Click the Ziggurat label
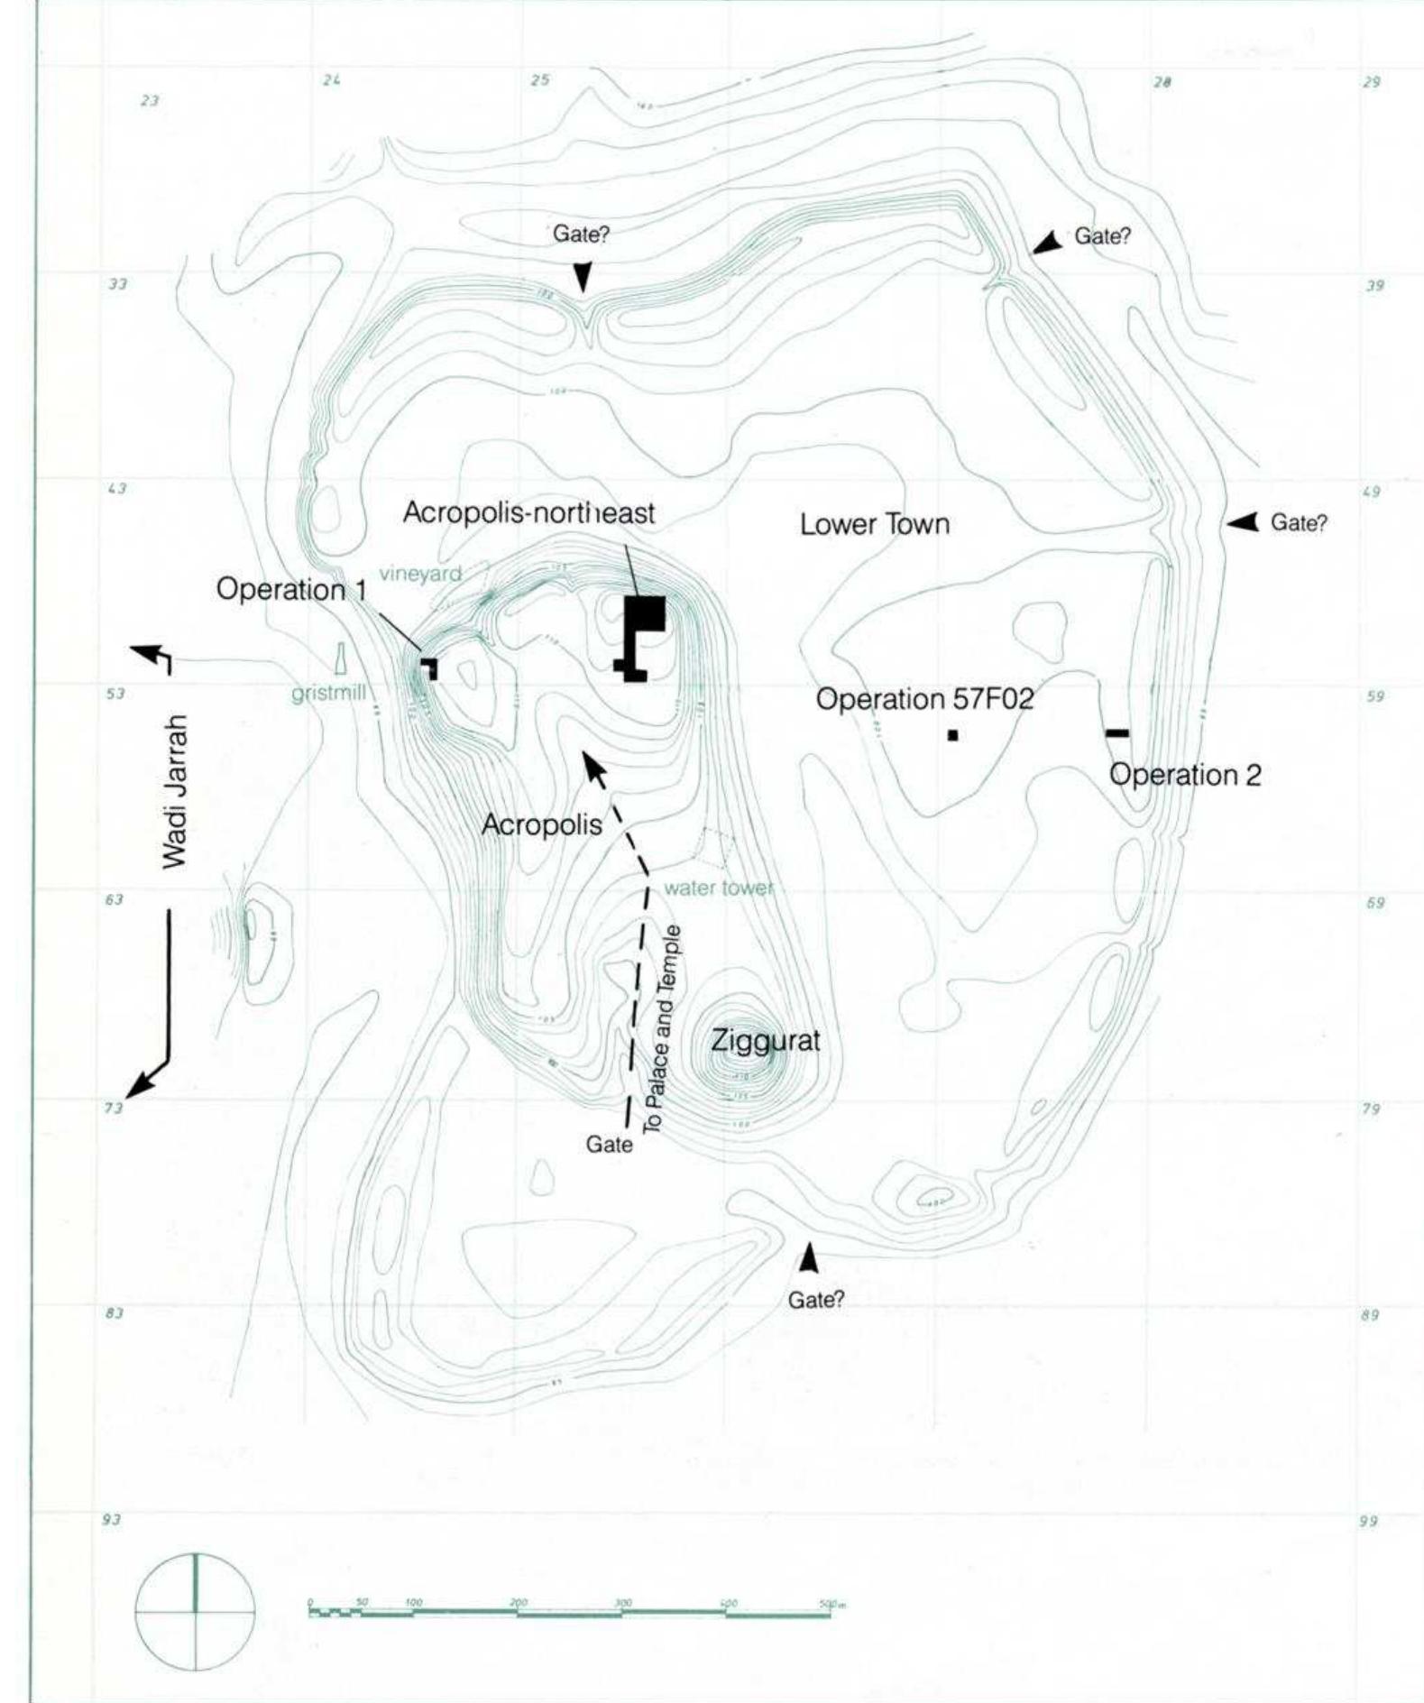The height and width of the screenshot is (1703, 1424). (766, 1041)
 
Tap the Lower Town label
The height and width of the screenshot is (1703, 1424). (874, 524)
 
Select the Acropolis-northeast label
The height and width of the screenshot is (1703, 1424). (528, 512)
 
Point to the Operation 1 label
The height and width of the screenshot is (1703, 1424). (293, 590)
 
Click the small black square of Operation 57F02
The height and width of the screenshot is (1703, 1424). (952, 735)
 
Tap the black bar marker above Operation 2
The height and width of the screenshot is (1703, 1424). (1116, 732)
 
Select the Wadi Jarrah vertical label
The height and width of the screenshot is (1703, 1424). (177, 791)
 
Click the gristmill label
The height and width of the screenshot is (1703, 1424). (328, 695)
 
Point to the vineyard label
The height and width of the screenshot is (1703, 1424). (420, 574)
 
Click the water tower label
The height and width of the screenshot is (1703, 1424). (719, 888)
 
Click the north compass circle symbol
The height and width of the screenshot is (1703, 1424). (195, 1611)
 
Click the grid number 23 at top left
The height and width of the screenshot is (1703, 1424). (150, 101)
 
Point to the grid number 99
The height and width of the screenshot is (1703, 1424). (1368, 1522)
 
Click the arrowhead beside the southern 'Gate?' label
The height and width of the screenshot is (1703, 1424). (810, 1258)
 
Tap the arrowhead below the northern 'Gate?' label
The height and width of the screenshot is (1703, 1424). (583, 275)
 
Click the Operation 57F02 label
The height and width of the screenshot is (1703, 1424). (924, 700)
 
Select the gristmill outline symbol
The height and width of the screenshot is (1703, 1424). (341, 658)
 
